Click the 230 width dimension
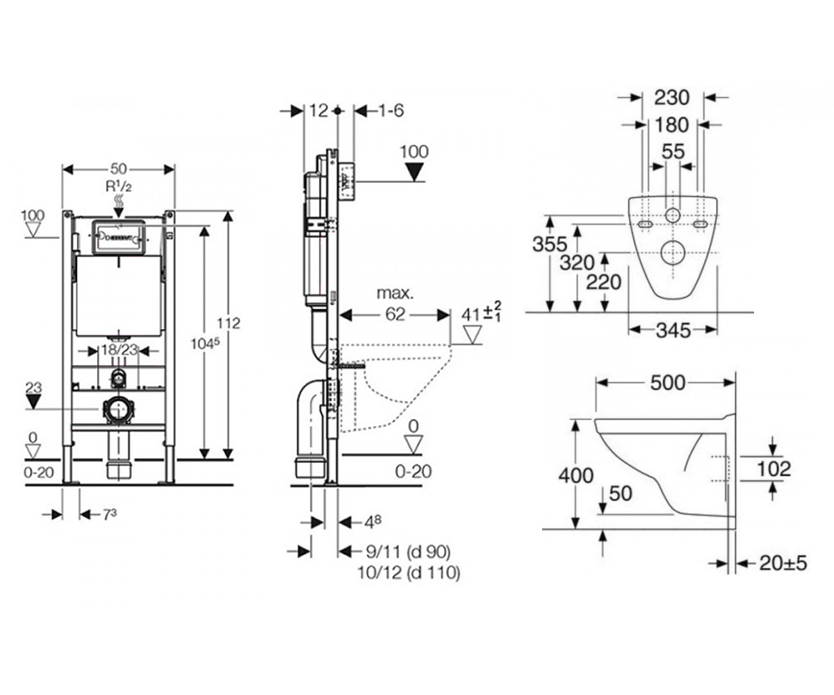[672, 98]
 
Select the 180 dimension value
[672, 125]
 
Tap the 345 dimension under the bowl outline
[673, 330]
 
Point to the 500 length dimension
[668, 383]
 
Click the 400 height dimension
[575, 475]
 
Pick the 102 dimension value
[774, 469]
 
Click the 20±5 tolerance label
[783, 564]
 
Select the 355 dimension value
[550, 244]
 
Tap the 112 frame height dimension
[229, 323]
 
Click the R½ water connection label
[119, 186]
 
